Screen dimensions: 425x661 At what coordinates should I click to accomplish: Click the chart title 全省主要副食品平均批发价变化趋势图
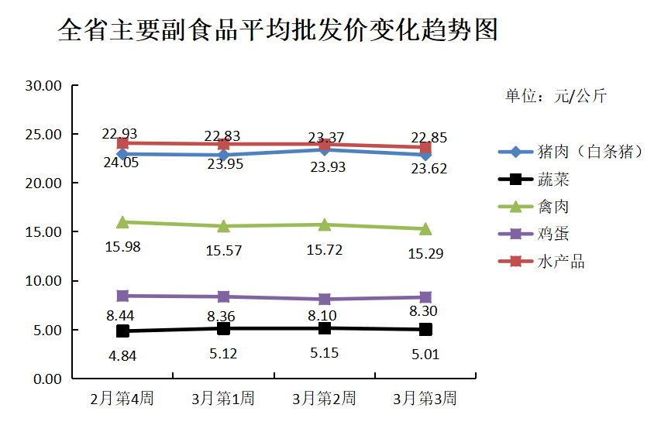point(278,32)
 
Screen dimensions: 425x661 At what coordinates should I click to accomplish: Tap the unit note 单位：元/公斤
point(556,97)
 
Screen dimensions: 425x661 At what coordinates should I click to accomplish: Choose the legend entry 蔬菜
point(553,180)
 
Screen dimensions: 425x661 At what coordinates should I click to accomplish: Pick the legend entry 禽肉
point(553,207)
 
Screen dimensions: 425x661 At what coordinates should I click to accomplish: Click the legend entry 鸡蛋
point(553,234)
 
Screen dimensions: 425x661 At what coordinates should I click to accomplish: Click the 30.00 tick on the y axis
point(43,85)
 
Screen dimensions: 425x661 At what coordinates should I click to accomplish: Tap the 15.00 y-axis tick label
point(43,232)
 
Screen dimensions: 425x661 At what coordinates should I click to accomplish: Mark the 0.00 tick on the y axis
point(47,379)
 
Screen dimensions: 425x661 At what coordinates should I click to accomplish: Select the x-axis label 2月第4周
point(122,399)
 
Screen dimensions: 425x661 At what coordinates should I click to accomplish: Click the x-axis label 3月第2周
point(324,399)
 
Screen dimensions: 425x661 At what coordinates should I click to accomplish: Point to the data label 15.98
point(122,247)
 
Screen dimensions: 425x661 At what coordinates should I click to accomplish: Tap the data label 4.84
point(122,357)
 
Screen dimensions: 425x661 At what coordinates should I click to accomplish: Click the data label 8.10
point(324,315)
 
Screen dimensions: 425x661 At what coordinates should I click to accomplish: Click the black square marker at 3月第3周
point(425,330)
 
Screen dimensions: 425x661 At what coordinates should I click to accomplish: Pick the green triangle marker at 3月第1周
point(223,226)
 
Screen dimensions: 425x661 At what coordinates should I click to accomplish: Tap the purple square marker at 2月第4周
point(122,296)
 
